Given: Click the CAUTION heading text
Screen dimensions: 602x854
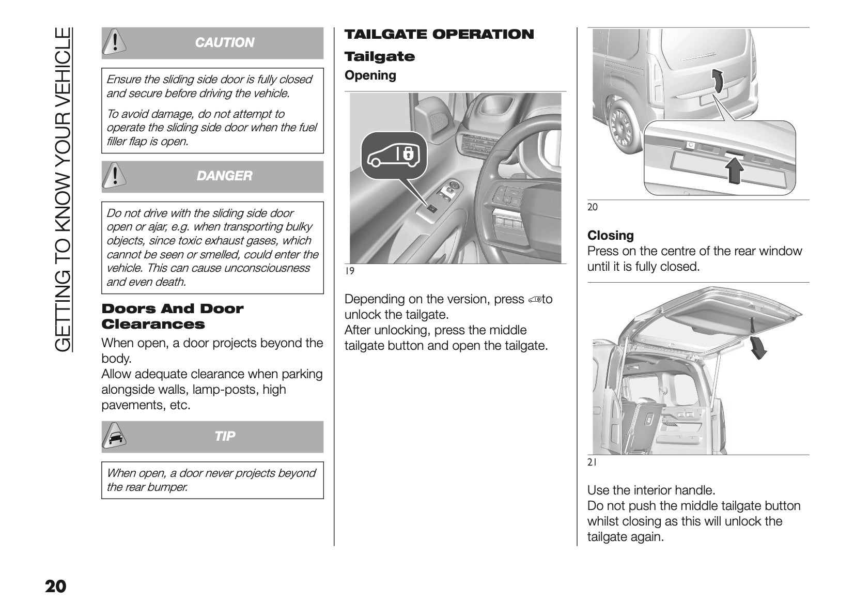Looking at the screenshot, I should click(224, 42).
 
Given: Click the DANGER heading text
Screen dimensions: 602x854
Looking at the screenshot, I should click(224, 176).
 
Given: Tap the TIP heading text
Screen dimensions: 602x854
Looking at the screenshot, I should click(224, 437).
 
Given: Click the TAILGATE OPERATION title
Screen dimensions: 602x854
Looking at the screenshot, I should click(439, 35).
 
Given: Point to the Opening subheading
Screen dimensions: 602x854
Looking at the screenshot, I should click(370, 75).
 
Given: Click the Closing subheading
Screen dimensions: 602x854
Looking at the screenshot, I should click(610, 236).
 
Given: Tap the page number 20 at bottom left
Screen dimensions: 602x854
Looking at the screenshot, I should click(55, 587).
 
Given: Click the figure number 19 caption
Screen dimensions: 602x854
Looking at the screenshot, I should click(350, 271).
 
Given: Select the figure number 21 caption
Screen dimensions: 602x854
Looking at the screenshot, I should click(592, 463).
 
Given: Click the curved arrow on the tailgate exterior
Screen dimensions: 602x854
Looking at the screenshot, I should click(716, 81).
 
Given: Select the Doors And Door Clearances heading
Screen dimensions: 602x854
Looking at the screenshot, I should click(172, 316).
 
